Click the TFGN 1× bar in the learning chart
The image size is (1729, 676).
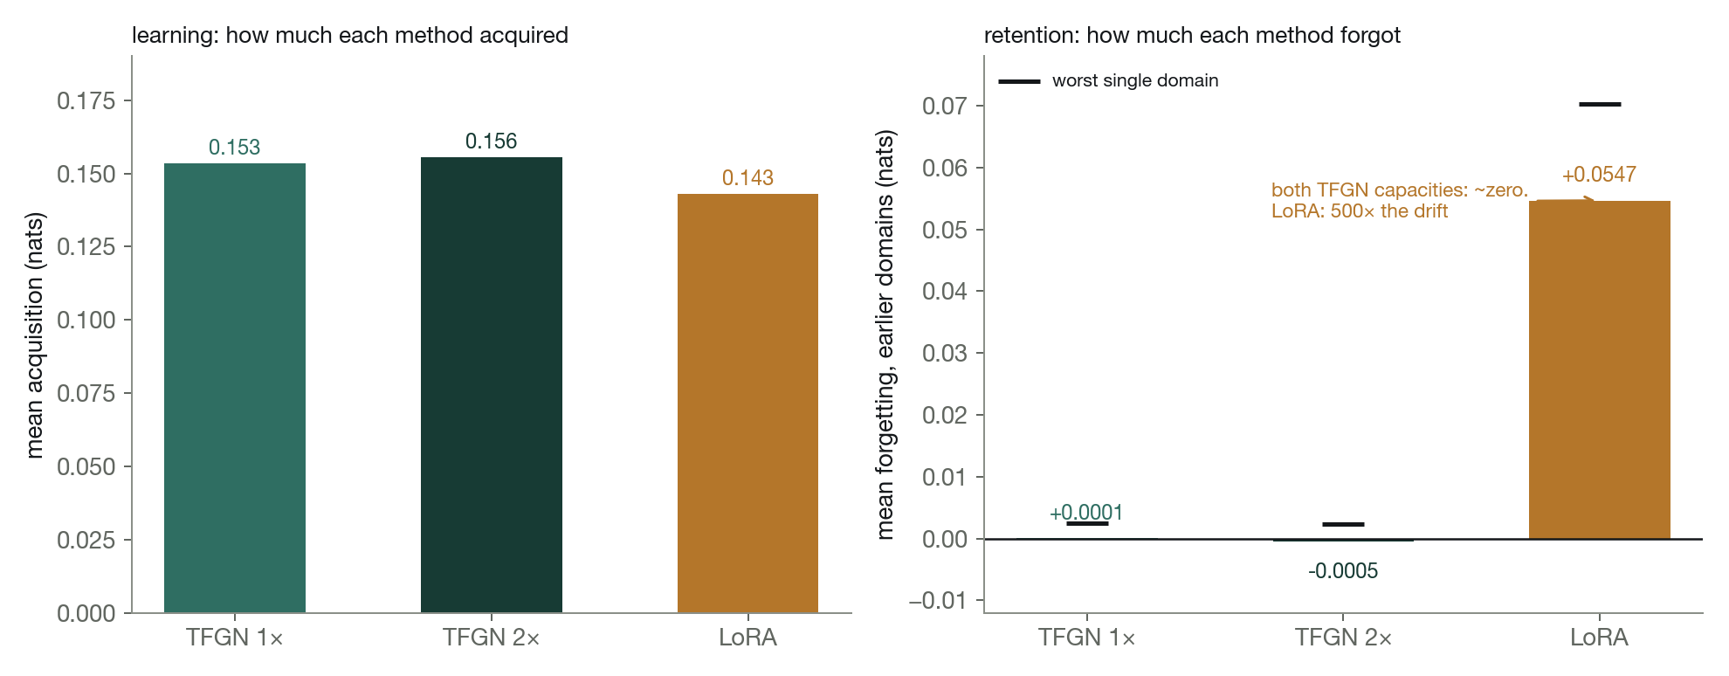pos(235,388)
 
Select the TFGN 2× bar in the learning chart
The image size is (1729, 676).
pos(492,385)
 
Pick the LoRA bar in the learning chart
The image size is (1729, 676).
pos(747,404)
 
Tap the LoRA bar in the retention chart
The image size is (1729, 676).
pos(1600,370)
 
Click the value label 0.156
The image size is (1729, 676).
pos(492,141)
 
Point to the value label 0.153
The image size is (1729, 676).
pos(235,148)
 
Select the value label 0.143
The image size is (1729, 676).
pos(747,178)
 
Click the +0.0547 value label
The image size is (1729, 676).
pos(1599,175)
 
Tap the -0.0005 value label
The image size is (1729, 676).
pos(1343,571)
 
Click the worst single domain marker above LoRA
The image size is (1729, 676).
pos(1600,105)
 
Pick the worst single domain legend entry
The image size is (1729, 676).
pos(1109,81)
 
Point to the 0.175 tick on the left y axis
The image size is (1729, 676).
pos(86,101)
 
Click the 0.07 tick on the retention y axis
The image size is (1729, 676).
pos(945,107)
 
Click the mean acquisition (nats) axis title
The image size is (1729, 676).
pos(34,335)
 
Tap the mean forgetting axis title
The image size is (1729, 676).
pos(885,335)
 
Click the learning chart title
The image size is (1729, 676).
pos(350,35)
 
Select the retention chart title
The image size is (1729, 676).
pos(1192,35)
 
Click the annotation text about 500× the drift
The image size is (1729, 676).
pos(1360,211)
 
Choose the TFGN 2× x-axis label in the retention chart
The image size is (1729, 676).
pos(1343,638)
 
